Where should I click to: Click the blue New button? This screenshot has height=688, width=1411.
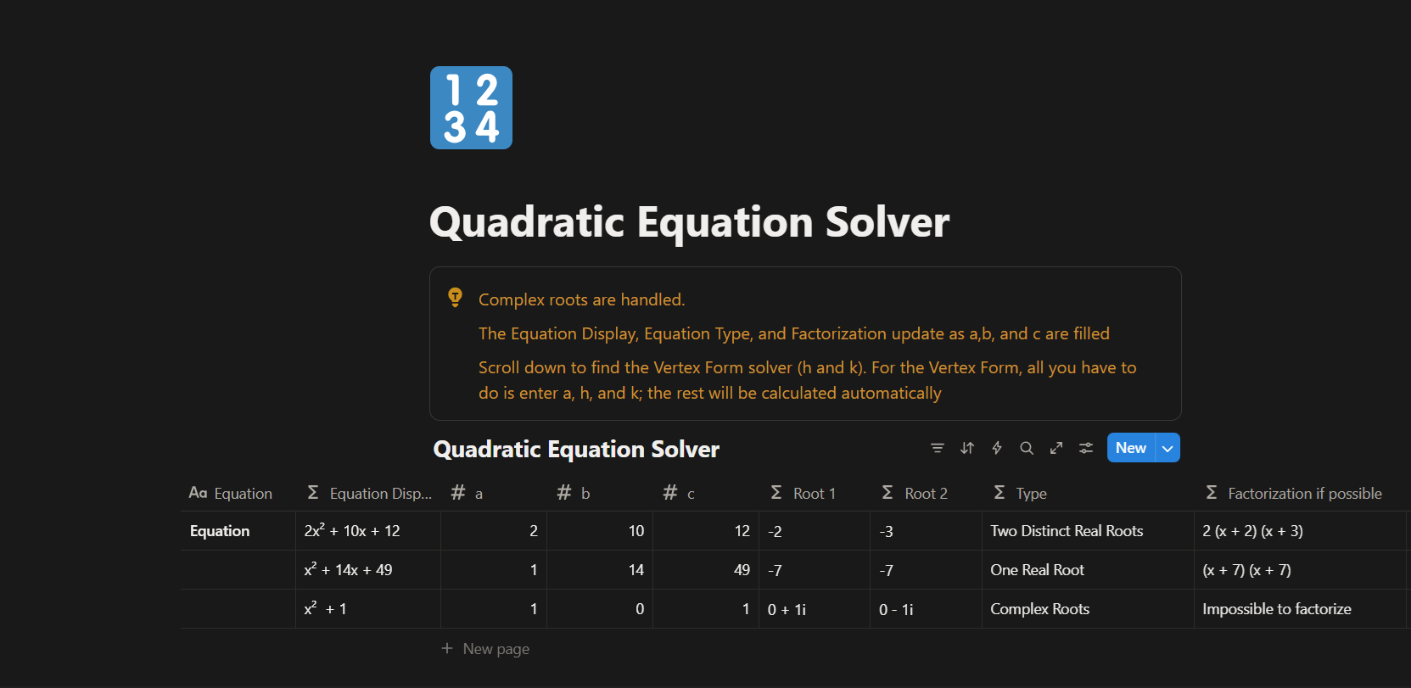[1131, 448]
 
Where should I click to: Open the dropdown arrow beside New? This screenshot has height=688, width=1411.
[1167, 448]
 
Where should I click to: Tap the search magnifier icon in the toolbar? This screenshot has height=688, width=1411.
[1027, 448]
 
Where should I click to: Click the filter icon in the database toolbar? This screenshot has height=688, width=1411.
[938, 448]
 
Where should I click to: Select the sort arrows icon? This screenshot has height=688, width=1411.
[967, 448]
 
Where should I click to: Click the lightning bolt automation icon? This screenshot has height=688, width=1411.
[996, 448]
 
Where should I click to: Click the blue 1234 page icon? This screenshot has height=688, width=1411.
[471, 108]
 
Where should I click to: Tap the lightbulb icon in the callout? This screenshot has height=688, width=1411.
[455, 297]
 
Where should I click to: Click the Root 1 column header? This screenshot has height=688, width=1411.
[803, 494]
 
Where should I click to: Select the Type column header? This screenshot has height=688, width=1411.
[1020, 494]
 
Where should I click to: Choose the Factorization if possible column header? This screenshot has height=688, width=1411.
[1294, 494]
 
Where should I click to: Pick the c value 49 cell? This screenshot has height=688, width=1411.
[706, 570]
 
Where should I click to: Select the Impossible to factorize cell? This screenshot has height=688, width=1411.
[1277, 609]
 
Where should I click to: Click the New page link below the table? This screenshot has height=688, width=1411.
[485, 649]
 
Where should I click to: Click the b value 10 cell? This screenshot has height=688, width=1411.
[600, 531]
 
